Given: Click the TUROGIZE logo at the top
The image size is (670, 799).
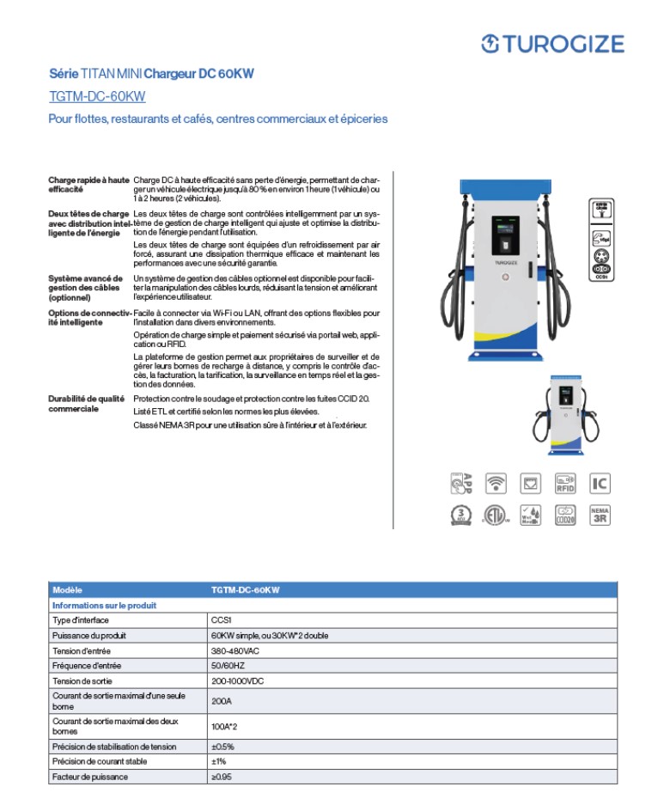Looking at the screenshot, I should [x=551, y=43].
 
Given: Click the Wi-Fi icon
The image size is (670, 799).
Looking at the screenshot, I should [x=496, y=483].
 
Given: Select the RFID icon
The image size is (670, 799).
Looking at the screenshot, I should [x=565, y=483].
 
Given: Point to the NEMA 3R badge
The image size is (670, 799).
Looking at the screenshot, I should [x=600, y=515].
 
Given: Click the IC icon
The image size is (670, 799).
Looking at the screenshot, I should [x=600, y=483].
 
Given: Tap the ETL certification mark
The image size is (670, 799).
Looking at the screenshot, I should [x=496, y=515].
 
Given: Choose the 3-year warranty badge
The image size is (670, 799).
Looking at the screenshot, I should [x=461, y=515].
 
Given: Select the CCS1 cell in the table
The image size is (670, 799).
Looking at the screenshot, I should [x=222, y=619].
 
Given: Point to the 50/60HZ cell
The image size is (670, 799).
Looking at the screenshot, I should [x=227, y=666].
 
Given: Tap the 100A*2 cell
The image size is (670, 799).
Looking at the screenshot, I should [x=225, y=726].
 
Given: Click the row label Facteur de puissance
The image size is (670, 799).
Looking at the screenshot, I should [x=90, y=777].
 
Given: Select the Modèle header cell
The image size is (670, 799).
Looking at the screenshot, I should [x=67, y=590].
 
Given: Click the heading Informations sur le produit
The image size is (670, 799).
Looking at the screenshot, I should [x=104, y=605].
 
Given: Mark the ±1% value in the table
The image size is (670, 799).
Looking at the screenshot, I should [x=218, y=761].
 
